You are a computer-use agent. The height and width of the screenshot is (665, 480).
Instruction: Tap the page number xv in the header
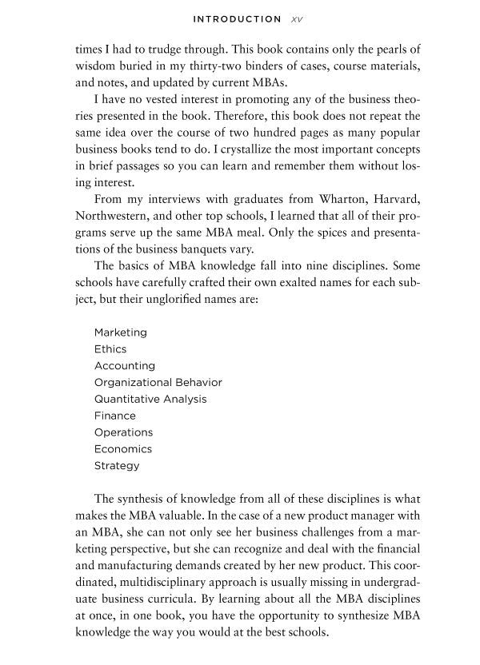pos(296,19)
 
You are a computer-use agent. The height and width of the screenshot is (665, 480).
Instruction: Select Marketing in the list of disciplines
pos(120,332)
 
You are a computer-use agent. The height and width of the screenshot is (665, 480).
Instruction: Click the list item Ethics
pos(110,349)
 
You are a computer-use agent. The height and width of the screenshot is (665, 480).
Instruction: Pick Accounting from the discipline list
pos(124,366)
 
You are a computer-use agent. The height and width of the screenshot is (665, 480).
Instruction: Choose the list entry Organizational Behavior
pos(158,382)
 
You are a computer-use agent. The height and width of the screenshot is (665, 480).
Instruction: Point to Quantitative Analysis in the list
pos(150,399)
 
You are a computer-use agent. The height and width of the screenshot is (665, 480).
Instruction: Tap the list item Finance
pos(114,416)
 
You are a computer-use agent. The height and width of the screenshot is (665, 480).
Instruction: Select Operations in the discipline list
pos(123,432)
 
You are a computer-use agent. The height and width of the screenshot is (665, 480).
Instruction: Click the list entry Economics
pos(122,449)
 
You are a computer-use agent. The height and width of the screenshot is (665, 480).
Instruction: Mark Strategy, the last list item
pos(116,466)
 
